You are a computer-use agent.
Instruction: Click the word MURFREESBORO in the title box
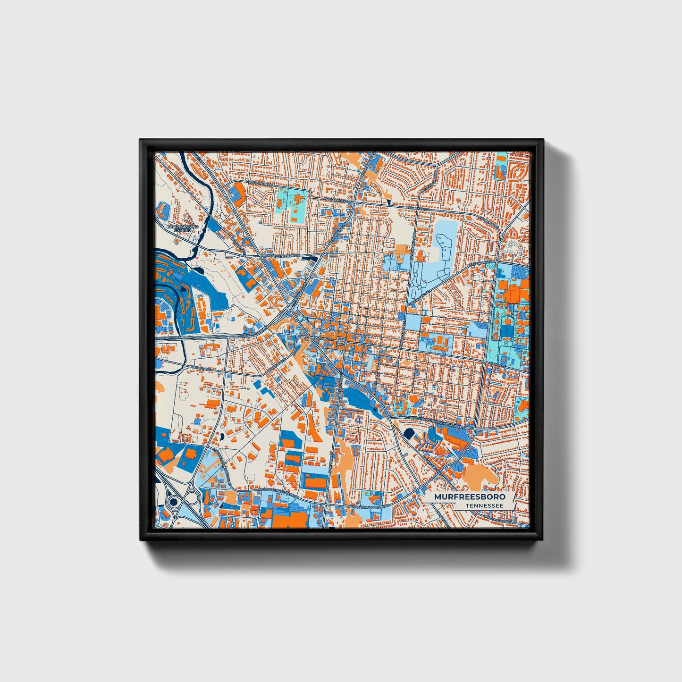(470, 497)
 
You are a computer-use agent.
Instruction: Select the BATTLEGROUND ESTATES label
(182, 228)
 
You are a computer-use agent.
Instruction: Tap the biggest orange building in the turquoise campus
(512, 294)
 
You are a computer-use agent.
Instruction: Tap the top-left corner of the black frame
(141, 140)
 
